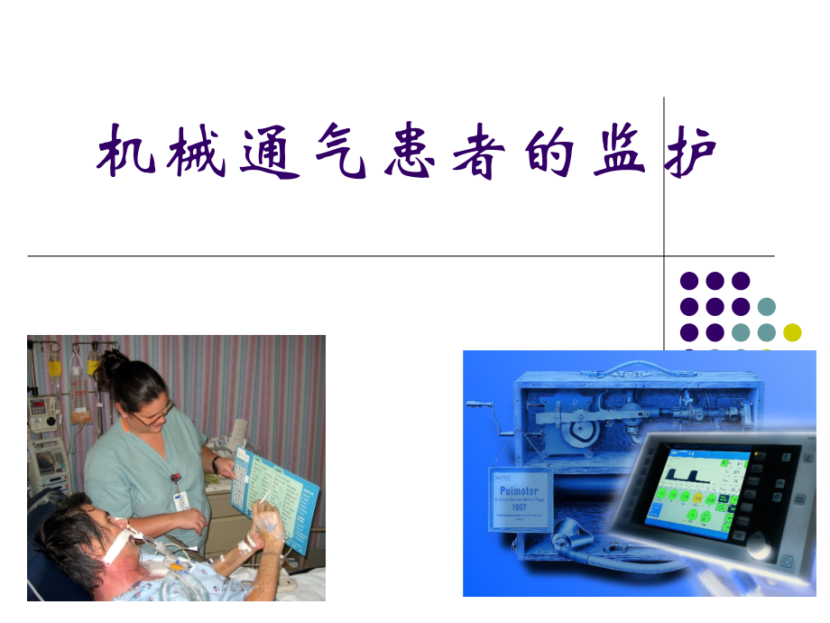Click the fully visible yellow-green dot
[792, 331]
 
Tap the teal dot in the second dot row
[767, 306]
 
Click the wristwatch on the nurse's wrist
[217, 463]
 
